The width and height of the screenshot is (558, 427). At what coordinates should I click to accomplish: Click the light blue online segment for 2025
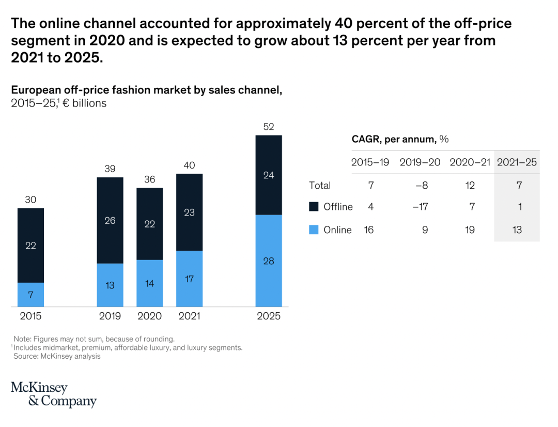click(x=269, y=261)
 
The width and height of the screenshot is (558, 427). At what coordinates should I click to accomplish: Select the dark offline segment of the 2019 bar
click(x=110, y=220)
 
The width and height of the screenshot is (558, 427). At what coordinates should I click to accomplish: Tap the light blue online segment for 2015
click(x=30, y=295)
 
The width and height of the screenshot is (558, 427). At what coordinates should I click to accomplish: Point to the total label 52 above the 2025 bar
click(x=269, y=127)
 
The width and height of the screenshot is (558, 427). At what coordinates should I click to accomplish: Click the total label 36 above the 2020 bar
click(x=150, y=179)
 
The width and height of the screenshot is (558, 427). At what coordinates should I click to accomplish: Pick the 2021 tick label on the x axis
click(x=189, y=316)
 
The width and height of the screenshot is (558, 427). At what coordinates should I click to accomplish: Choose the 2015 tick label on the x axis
click(x=30, y=316)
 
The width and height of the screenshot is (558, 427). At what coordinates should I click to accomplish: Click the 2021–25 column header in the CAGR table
click(x=517, y=162)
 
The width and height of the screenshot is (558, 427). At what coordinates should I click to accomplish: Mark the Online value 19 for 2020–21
click(x=470, y=230)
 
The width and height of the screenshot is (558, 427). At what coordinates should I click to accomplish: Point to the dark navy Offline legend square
click(x=314, y=207)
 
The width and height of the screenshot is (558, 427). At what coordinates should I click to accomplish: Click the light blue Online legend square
click(x=314, y=230)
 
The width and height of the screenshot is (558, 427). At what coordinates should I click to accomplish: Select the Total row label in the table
click(x=320, y=185)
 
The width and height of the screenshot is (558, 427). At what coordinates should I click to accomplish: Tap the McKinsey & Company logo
click(x=54, y=394)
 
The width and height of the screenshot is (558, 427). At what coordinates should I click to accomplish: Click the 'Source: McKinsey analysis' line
click(x=57, y=356)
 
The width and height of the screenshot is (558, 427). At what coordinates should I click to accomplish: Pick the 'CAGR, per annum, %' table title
click(x=400, y=139)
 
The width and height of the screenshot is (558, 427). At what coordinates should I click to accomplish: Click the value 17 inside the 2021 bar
click(x=189, y=279)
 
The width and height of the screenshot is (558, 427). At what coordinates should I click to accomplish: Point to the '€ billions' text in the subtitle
click(x=85, y=103)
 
